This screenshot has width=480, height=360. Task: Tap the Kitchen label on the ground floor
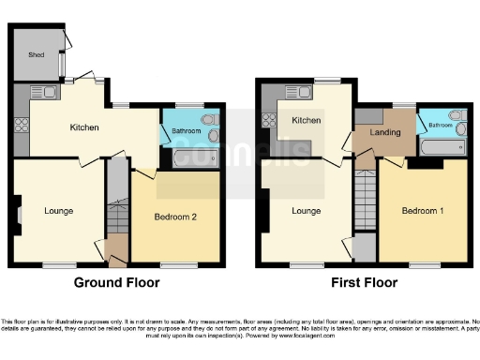click(x=84, y=127)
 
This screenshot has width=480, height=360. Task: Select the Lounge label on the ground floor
click(x=58, y=210)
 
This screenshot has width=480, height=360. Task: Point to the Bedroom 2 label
click(x=174, y=217)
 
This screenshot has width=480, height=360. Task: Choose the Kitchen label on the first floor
click(x=306, y=121)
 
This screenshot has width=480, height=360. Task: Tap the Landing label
click(x=384, y=133)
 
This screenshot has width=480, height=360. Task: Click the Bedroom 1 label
click(x=422, y=210)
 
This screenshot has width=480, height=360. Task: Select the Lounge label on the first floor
click(x=306, y=210)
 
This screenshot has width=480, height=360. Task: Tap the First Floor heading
click(x=365, y=281)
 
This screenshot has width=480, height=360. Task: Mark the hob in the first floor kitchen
click(x=266, y=120)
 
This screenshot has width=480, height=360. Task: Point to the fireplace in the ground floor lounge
click(x=17, y=211)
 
